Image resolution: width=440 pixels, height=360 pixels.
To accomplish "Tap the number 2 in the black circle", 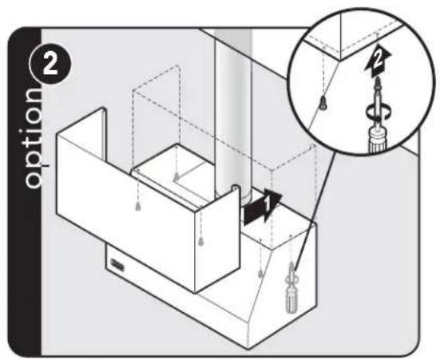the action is [50, 65].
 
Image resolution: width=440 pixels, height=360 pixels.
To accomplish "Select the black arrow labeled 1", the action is [263, 207].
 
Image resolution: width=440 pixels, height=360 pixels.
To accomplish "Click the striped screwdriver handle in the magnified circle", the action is [379, 140].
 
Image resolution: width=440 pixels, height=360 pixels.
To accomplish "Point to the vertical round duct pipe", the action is [233, 113].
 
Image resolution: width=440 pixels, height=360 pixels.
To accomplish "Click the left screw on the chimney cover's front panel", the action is [138, 206].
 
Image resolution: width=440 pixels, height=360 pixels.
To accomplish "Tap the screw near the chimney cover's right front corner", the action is [201, 241].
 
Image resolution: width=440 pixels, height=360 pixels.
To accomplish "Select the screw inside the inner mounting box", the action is [176, 176].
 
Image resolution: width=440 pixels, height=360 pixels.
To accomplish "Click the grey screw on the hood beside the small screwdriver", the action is [260, 273].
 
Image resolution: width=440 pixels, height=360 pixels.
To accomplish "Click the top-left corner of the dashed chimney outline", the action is [133, 90].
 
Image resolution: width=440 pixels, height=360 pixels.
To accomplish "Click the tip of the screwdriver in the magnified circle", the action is [378, 78].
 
